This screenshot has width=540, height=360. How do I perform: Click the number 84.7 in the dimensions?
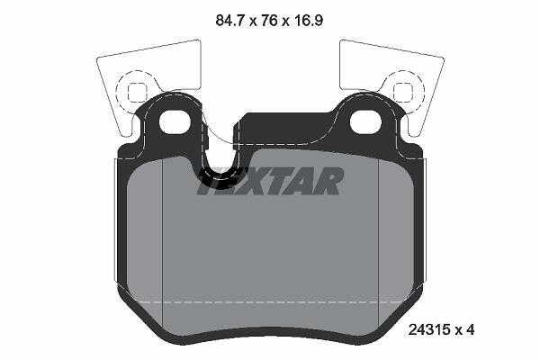click(x=230, y=21)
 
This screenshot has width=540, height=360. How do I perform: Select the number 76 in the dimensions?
click(x=269, y=21)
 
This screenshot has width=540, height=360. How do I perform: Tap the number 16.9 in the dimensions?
click(x=308, y=21)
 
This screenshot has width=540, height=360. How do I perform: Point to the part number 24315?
click(x=429, y=329)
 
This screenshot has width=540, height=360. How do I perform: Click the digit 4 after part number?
click(x=470, y=329)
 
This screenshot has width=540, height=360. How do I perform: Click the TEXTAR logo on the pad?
click(x=270, y=181)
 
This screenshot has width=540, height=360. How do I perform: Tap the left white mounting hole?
click(x=175, y=121)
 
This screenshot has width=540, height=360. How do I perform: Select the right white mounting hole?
click(x=365, y=121)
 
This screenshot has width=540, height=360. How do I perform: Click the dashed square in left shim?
click(x=138, y=92)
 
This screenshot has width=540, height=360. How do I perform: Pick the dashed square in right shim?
click(x=403, y=92)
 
